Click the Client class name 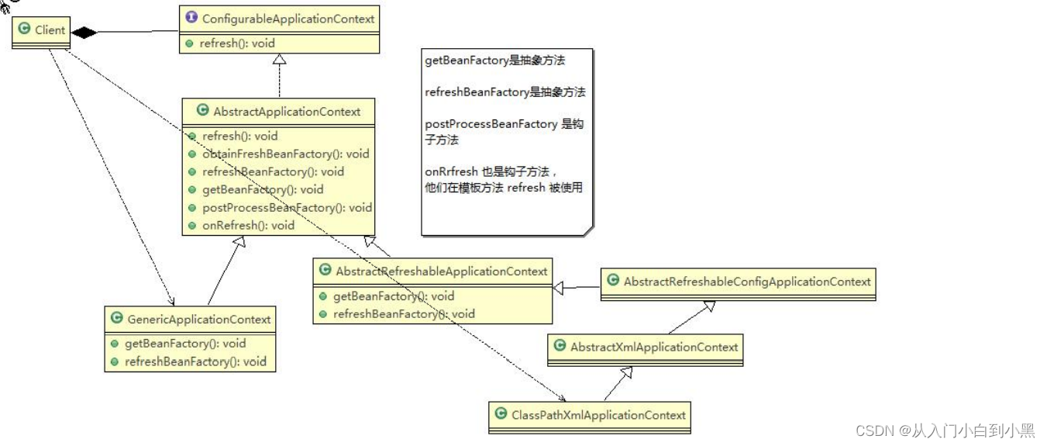click(50, 30)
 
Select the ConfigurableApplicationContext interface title click(288, 19)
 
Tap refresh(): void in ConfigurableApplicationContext click(237, 43)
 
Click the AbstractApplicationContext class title click(287, 112)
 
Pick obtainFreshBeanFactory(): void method click(285, 154)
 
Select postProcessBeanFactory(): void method click(287, 208)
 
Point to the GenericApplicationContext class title click(198, 320)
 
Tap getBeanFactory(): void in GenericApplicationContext click(185, 344)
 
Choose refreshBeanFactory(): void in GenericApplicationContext click(195, 361)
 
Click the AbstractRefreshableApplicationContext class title click(442, 271)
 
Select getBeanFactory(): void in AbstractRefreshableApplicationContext click(394, 296)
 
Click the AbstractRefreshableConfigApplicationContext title click(747, 282)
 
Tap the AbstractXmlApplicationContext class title click(654, 347)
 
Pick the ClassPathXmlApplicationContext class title click(598, 415)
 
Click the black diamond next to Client click(83, 32)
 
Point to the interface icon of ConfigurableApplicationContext click(191, 18)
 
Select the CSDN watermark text click(945, 430)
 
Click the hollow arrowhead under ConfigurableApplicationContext click(279, 60)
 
